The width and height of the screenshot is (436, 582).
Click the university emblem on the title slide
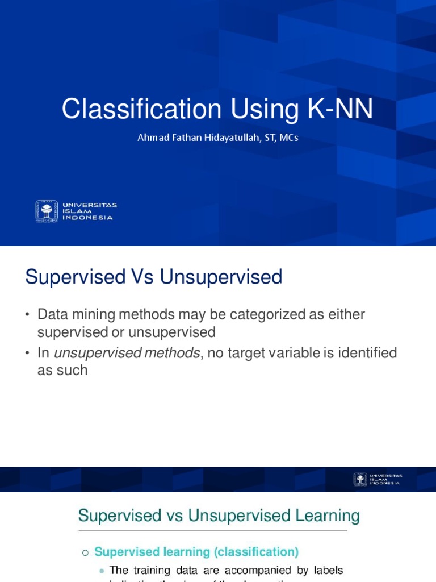point(47,211)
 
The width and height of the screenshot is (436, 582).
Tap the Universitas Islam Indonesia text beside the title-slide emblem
point(90,211)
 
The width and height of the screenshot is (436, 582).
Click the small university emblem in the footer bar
point(360,479)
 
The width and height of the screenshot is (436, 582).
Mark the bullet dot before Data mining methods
point(27,315)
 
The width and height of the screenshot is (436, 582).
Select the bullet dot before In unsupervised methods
point(27,354)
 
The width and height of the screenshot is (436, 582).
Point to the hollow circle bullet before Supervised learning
point(86,552)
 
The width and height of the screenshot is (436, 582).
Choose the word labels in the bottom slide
point(325,570)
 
